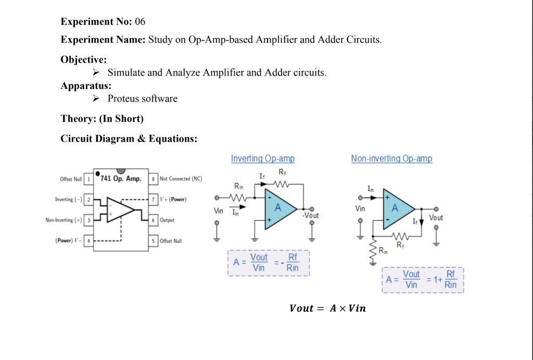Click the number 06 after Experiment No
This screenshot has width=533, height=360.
point(140,21)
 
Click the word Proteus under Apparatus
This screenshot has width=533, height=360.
point(123,98)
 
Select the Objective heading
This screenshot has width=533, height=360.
point(84,59)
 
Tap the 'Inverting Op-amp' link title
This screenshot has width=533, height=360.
point(263,158)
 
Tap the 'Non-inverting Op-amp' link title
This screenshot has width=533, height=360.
point(391,158)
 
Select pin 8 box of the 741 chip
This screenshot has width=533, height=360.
point(154,179)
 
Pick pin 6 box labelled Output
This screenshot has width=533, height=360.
point(154,220)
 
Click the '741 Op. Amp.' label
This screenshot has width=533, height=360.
point(121,179)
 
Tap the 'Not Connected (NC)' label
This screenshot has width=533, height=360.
point(181,179)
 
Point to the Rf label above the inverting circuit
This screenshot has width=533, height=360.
point(282,172)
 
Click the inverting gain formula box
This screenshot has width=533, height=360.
point(268,263)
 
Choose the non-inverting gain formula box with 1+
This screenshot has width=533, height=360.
point(422,280)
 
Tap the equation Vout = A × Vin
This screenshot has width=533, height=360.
point(327,308)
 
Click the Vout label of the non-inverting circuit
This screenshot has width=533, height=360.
point(436,218)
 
